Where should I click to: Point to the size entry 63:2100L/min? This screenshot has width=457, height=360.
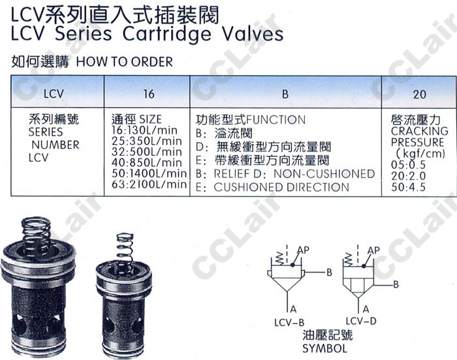149,185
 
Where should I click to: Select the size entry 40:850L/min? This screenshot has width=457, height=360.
146,162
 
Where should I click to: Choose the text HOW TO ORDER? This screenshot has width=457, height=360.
125,63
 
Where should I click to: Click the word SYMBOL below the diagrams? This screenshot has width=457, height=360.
324,349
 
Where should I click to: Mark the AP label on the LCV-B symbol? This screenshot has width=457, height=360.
302,250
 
